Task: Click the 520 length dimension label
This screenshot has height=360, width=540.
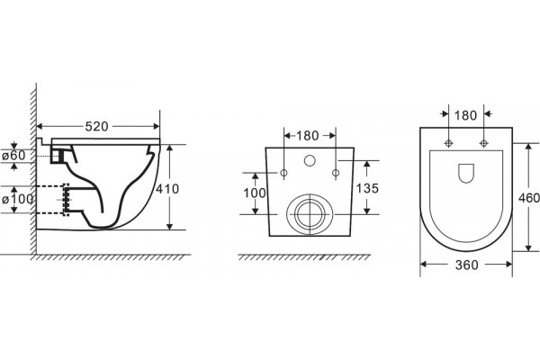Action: [x=97, y=126]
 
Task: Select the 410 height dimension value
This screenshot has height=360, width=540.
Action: [x=167, y=189]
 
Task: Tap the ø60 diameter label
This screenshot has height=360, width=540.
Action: [x=13, y=156]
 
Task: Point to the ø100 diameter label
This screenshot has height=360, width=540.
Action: [x=18, y=199]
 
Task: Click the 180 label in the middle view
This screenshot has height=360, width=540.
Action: [x=308, y=136]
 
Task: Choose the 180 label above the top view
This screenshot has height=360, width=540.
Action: [x=465, y=116]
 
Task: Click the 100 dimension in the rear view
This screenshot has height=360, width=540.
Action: [x=255, y=193]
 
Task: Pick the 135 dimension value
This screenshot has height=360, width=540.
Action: [x=367, y=188]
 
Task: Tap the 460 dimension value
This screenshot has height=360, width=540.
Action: [x=529, y=198]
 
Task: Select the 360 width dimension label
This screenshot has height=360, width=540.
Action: [x=466, y=265]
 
